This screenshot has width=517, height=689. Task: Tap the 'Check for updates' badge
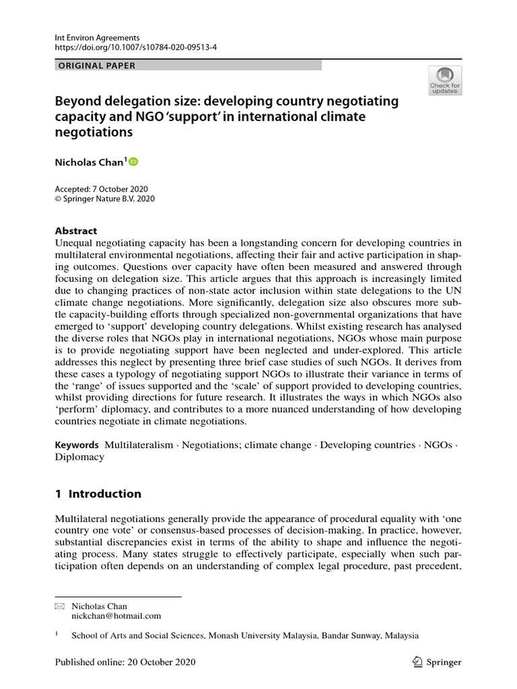coord(444,81)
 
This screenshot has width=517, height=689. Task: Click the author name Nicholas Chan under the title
coord(89,161)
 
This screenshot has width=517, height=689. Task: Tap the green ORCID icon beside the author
coord(133,161)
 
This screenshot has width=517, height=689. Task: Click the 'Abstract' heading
coord(75,230)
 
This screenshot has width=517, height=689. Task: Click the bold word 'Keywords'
coord(77,445)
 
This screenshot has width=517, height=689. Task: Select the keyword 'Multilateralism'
coord(137,445)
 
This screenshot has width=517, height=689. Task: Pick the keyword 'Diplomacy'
coord(79,457)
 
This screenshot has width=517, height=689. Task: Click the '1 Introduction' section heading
coord(98,494)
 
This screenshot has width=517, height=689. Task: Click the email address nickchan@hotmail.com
coord(116,616)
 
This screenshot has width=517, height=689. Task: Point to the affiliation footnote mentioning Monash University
coord(245,635)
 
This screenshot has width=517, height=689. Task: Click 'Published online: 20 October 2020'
coord(125,662)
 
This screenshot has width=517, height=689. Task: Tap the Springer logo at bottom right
coord(436,662)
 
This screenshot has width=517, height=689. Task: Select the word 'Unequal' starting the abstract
coord(73,242)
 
